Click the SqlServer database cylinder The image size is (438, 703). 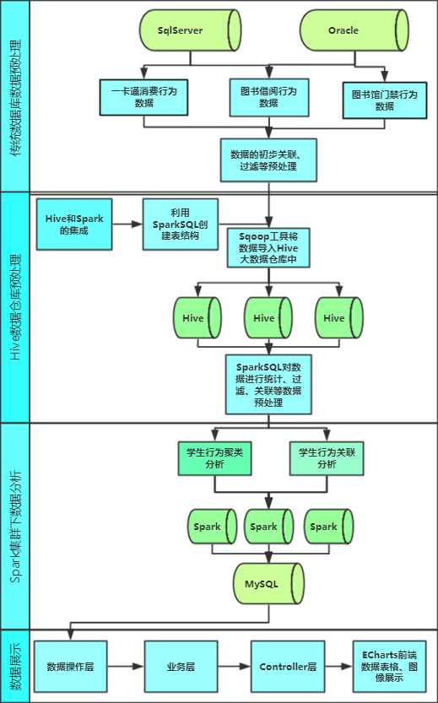point(190,30)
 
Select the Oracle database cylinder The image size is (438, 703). point(354,30)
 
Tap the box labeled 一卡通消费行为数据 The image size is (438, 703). point(143,97)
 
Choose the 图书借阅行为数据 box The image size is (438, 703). point(269,97)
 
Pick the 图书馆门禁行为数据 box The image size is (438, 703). point(385,100)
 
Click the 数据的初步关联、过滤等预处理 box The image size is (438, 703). point(268,160)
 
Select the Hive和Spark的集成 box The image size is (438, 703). point(74,224)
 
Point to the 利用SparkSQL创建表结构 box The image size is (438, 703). point(181,224)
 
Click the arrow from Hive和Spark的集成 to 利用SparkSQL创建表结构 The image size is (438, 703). point(127,224)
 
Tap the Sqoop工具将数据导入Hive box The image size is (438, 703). point(268,248)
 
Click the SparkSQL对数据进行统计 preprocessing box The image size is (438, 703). point(268,384)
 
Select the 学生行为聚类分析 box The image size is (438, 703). point(214,458)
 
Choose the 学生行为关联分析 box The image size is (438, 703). point(327,458)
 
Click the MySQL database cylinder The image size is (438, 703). point(268,584)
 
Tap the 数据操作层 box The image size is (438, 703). point(70,666)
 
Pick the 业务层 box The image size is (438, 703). point(181,666)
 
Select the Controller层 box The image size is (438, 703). point(288,666)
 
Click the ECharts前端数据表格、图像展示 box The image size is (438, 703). point(390,666)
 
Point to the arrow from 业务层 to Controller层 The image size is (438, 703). point(234,666)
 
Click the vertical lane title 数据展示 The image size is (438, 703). point(15,666)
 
